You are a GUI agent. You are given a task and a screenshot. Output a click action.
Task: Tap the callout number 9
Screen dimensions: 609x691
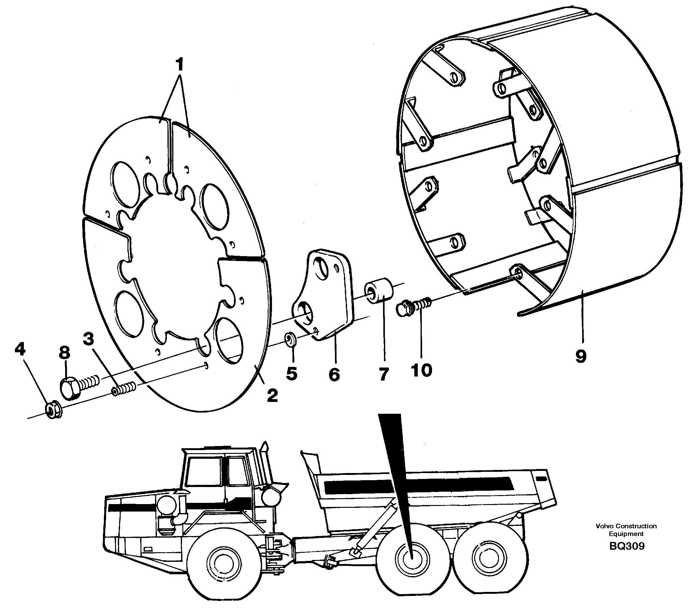(581, 356)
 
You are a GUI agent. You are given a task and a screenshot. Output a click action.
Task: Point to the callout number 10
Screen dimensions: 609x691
(421, 370)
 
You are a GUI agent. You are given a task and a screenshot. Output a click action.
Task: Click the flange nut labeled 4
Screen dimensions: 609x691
(53, 411)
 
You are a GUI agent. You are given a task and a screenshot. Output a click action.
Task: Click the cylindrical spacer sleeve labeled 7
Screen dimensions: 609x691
(379, 292)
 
